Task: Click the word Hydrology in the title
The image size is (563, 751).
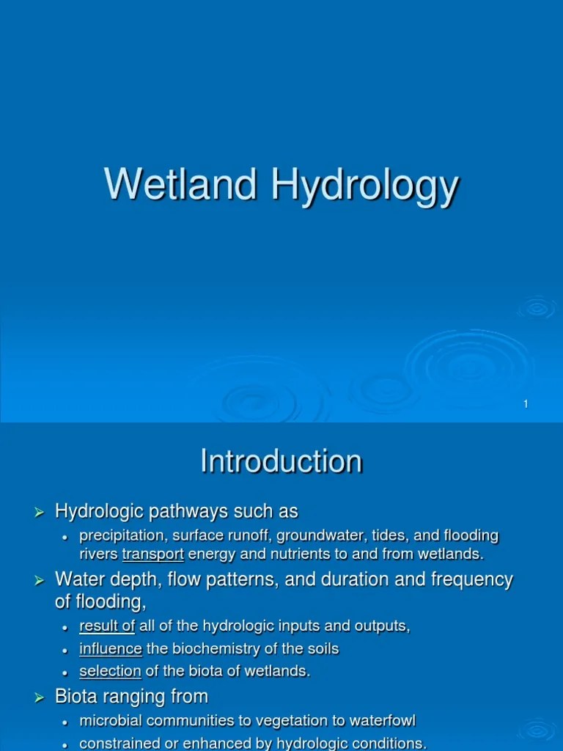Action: click(365, 186)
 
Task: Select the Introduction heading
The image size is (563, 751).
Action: click(281, 461)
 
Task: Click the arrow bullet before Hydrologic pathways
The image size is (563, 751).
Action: click(41, 511)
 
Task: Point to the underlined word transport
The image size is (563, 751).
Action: click(152, 554)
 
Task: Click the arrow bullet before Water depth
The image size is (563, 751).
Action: click(41, 581)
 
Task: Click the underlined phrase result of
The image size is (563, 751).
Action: click(107, 626)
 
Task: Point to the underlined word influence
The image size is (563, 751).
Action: click(111, 648)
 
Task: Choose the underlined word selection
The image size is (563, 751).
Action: click(110, 671)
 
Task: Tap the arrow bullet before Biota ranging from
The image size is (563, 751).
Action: click(41, 697)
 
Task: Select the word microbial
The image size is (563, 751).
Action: click(106, 721)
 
